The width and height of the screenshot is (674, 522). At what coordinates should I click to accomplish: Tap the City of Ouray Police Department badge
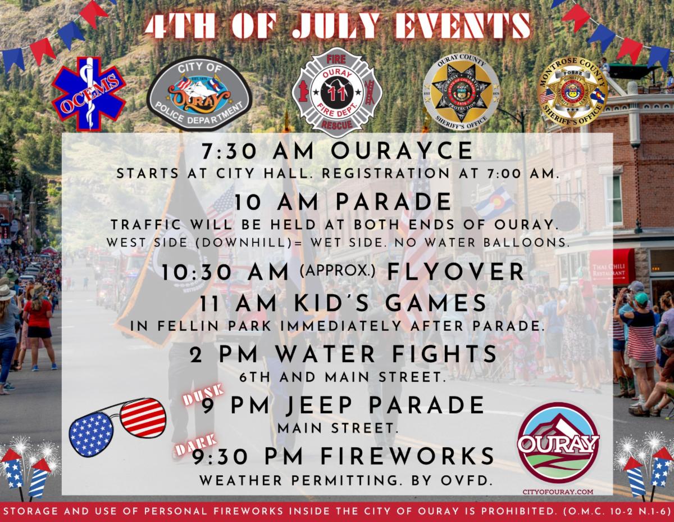tap(199, 94)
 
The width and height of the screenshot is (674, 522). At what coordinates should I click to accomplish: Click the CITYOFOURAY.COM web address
tap(558, 493)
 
